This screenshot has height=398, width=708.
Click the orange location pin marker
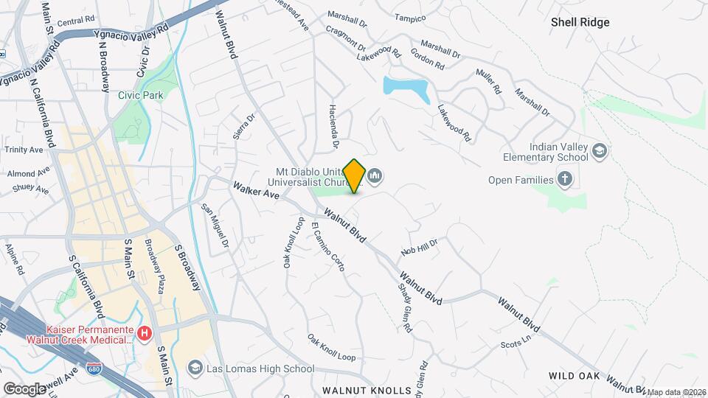point(355,175)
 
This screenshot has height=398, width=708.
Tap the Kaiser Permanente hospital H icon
point(145,333)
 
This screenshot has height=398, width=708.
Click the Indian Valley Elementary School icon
point(600,151)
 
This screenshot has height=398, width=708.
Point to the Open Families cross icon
point(564,179)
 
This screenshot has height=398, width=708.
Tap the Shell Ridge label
point(580,22)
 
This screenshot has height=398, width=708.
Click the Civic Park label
point(141,95)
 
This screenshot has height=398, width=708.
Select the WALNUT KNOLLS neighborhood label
point(366,390)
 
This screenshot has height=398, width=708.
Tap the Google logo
point(24,388)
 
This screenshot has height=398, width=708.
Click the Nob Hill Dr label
point(420,246)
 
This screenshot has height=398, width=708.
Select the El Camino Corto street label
point(327,247)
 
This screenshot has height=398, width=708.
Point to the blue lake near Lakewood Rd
point(406,91)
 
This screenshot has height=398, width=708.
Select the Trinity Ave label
point(24,150)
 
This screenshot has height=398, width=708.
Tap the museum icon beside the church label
point(375,175)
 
